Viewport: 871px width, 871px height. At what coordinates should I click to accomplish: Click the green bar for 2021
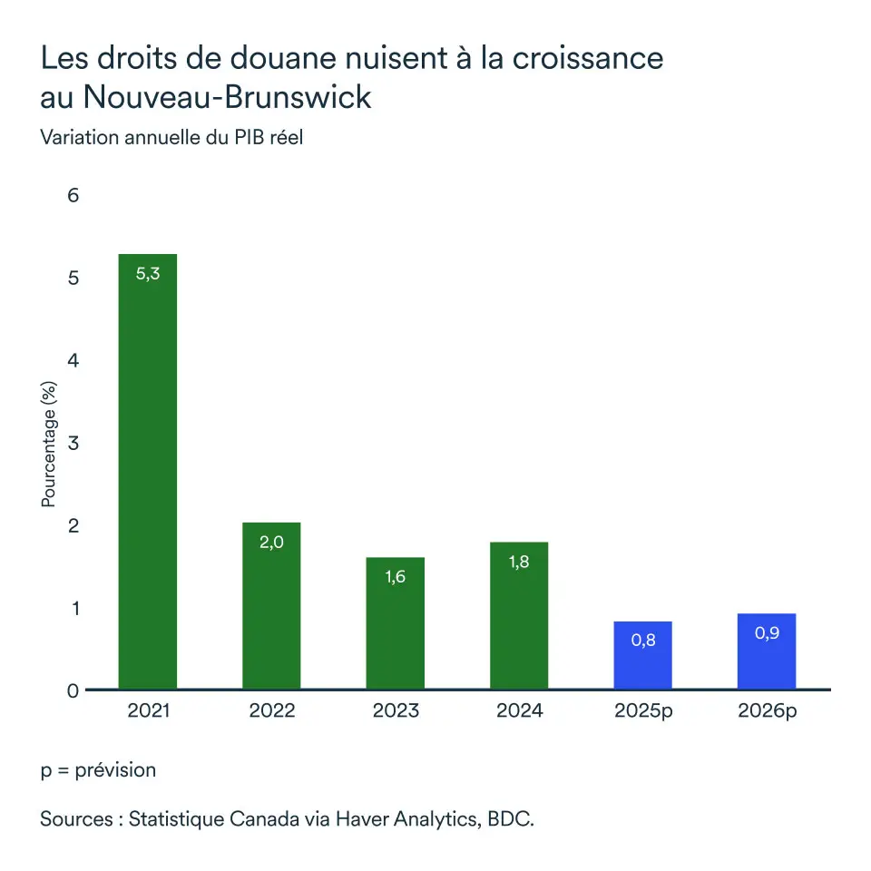148,472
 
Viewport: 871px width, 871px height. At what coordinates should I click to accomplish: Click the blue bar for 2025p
642,655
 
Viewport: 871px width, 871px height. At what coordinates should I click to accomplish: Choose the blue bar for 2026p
767,651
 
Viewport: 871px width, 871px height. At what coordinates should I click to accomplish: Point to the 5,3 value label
148,273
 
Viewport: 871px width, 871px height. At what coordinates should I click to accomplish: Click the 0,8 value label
642,641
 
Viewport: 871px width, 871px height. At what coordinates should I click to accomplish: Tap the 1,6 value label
395,576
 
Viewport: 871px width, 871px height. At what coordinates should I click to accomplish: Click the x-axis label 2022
271,710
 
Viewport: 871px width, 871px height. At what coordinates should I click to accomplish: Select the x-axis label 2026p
767,710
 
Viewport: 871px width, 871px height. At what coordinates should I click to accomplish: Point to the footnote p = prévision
98,770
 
